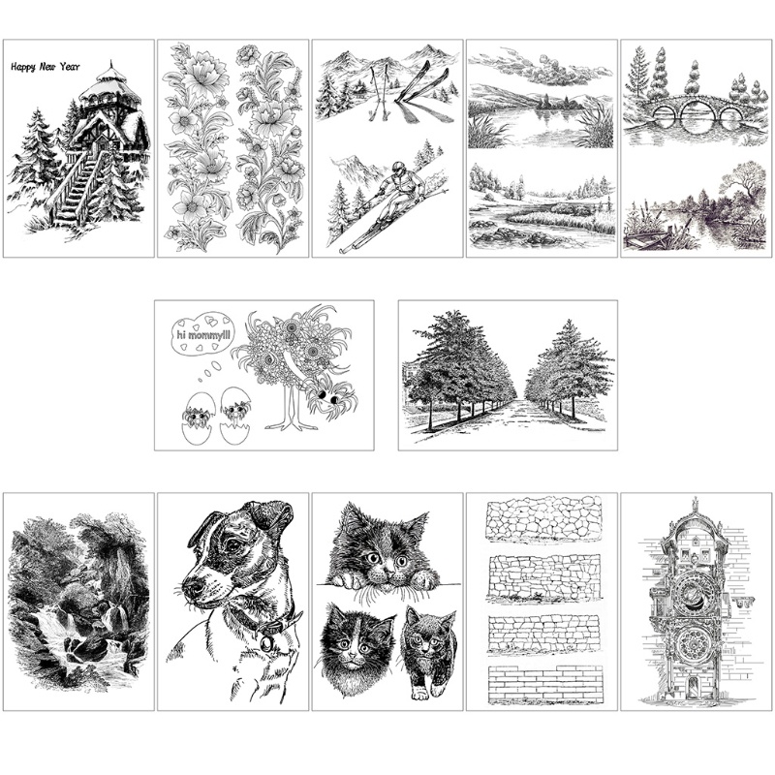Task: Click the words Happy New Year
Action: pos(45,67)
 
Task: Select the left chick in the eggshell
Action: pos(197,418)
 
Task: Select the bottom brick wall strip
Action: pos(542,683)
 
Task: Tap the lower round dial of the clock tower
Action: pos(695,642)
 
